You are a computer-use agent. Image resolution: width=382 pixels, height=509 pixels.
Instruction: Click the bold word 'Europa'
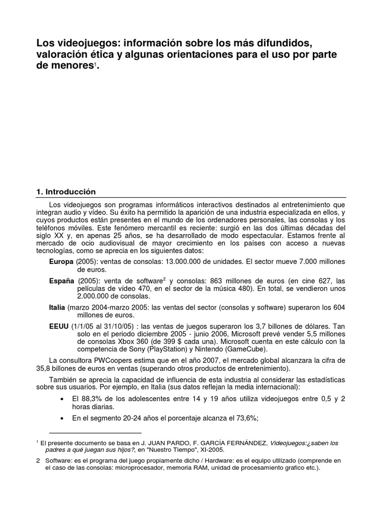[61, 261]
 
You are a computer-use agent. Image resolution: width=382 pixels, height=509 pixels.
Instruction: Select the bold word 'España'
[62, 281]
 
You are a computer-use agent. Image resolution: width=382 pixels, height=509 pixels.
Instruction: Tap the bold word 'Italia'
[57, 308]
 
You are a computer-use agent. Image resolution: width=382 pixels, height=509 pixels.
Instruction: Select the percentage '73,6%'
[246, 418]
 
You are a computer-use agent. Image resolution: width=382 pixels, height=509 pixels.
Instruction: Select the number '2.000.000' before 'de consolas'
[93, 297]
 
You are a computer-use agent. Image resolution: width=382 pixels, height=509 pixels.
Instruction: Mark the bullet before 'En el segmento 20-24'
[61, 419]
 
